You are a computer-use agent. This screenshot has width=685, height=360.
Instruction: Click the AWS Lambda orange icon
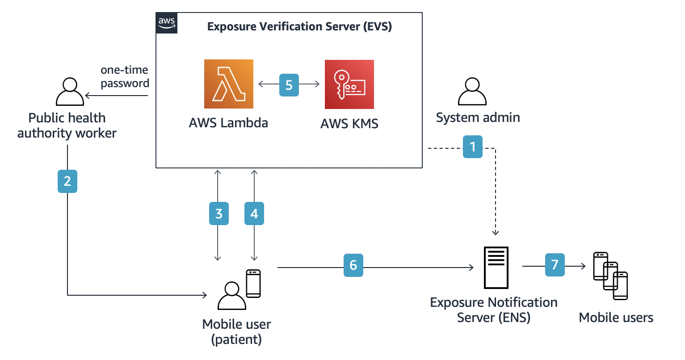coord(228,84)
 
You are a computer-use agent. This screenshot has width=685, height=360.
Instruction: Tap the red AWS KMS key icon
coord(349,84)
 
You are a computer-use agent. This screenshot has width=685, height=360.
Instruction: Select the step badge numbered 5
coord(289,85)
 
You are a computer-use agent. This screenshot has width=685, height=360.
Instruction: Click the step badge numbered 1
coord(472,147)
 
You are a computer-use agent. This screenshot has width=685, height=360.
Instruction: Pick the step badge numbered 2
coord(67,181)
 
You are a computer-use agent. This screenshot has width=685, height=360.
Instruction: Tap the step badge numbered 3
coord(219,213)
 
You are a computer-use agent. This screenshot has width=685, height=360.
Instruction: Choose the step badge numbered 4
coord(254,213)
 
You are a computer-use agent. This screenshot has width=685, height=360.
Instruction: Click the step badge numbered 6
coord(353,265)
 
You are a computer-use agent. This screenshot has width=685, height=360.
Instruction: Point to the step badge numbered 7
coord(555,265)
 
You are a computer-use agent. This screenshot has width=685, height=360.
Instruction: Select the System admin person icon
coord(472,92)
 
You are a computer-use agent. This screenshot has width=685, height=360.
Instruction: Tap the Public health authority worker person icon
coord(70,92)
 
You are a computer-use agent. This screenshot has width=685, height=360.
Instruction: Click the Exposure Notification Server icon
coord(496,268)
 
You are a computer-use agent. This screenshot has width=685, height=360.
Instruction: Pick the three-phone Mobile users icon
coord(610,276)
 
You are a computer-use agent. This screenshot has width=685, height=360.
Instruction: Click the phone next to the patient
coord(253,284)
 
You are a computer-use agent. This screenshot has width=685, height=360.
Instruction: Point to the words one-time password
coord(125,77)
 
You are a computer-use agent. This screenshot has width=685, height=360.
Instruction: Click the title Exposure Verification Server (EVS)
coord(299,26)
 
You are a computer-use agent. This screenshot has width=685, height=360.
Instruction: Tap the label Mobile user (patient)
coord(236,331)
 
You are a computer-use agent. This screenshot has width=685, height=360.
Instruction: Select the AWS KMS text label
coord(349,124)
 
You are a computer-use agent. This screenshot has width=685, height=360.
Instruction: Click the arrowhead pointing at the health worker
coord(88,96)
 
